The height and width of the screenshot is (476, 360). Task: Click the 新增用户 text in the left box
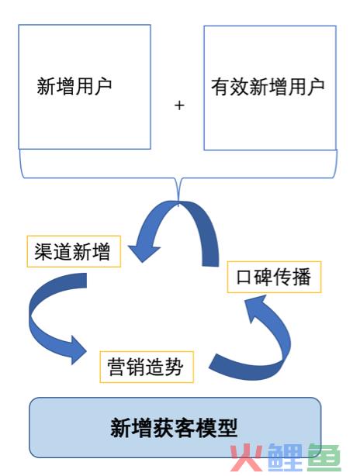point(74,87)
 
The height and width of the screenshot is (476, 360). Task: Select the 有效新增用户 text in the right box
point(268,87)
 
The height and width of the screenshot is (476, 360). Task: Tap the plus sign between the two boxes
point(179,105)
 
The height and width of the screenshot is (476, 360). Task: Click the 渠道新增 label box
point(74,251)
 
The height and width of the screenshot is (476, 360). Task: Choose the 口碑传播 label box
point(274,277)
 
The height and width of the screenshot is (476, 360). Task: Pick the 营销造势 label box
point(147,367)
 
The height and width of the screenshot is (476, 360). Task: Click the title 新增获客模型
point(174,428)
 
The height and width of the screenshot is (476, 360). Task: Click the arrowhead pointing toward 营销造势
point(78,350)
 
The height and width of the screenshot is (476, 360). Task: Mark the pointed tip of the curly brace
point(178,203)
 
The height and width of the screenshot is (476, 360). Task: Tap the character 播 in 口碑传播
point(302,277)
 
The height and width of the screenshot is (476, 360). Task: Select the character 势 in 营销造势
point(174,367)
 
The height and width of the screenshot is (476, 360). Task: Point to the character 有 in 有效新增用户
point(220,88)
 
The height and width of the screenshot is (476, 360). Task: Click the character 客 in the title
point(185,428)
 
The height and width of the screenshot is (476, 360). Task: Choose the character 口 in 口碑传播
point(244,278)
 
